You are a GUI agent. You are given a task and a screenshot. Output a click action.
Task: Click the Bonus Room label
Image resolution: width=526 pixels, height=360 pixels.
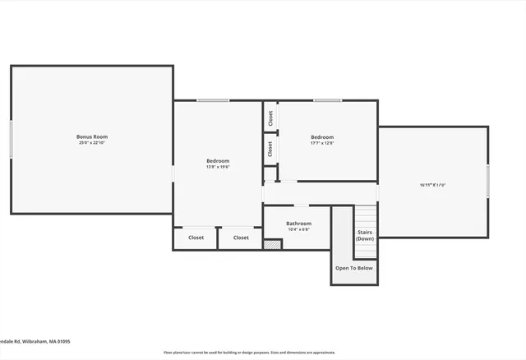92,136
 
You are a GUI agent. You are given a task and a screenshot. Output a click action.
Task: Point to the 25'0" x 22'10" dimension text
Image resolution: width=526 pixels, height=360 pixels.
92,143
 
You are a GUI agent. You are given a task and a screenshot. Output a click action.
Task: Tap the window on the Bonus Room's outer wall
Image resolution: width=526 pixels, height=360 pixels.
11,141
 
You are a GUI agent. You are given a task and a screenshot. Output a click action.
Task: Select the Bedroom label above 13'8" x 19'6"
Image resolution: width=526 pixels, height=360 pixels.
218,160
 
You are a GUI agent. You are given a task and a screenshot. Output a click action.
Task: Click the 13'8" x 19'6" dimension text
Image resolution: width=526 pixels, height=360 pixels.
218,167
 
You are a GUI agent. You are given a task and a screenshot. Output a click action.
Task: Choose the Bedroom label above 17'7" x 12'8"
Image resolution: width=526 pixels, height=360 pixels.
322,136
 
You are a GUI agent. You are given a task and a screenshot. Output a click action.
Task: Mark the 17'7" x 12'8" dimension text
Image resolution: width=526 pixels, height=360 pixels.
322,143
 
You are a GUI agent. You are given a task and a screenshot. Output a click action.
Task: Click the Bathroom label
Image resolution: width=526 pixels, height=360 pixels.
298,223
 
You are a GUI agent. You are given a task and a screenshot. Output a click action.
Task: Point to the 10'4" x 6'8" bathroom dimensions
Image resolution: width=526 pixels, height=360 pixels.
298,229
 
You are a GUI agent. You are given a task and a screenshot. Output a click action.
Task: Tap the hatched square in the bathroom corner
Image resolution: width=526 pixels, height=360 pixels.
272,243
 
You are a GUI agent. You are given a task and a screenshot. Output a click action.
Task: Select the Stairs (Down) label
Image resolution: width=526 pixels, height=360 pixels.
365,235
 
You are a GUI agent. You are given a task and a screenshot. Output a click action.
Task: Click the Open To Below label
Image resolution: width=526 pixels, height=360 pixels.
354,268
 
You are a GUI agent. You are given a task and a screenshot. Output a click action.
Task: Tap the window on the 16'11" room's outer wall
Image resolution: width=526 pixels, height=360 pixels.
487,181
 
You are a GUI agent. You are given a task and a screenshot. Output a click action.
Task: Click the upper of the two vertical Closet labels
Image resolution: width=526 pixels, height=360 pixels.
270,118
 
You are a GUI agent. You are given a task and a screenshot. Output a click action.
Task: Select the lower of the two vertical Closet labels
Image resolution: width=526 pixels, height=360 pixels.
270,149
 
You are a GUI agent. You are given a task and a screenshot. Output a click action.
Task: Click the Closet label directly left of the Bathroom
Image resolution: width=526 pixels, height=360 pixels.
241,238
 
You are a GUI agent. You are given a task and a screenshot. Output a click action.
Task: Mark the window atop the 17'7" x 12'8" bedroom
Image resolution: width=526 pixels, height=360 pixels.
327,101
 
